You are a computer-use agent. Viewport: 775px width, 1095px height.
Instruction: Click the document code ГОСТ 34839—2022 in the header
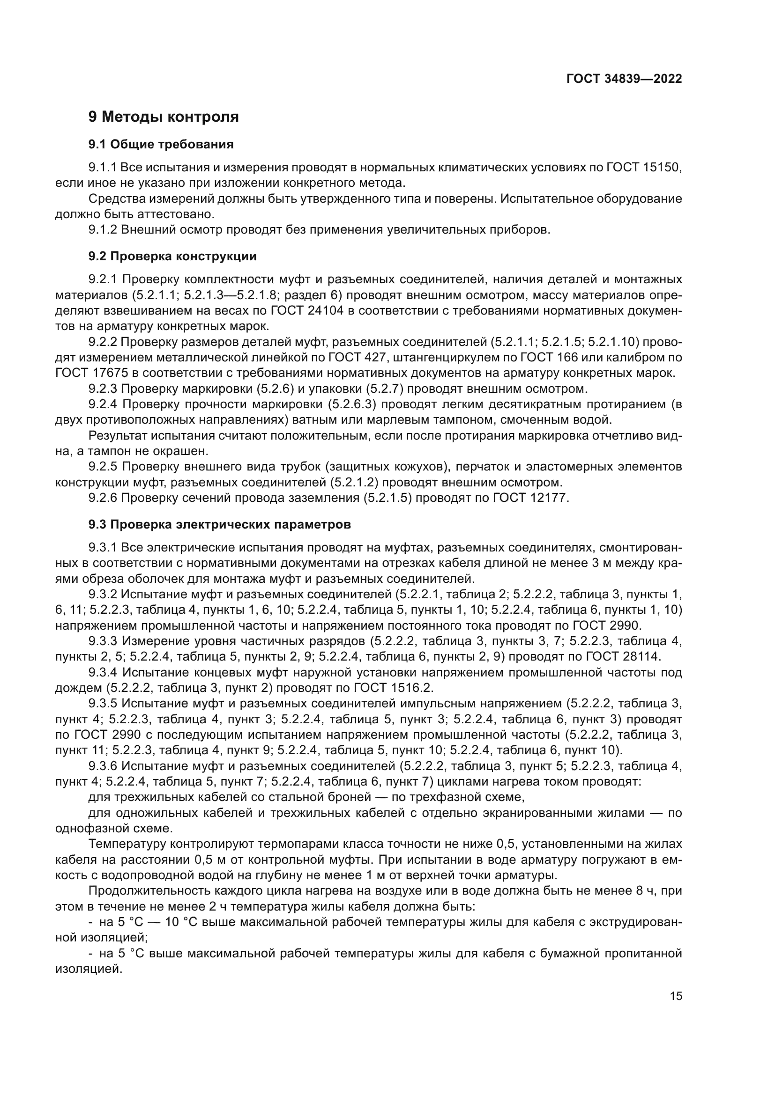[624, 79]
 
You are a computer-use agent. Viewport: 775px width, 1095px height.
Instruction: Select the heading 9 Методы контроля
[163, 117]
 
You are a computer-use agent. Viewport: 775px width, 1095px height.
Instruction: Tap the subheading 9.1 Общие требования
[161, 145]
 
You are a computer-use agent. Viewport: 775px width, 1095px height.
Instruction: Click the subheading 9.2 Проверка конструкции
[172, 257]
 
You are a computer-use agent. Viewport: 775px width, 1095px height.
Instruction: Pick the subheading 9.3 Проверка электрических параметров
[219, 525]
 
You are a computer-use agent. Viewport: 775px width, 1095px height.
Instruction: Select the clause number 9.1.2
[103, 230]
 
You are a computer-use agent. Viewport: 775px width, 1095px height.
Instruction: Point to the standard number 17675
[115, 373]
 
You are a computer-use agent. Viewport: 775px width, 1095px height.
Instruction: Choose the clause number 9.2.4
[103, 404]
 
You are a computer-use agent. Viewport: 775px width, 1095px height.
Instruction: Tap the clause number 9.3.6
[103, 766]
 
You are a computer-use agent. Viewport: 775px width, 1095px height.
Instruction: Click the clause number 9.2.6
[103, 499]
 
